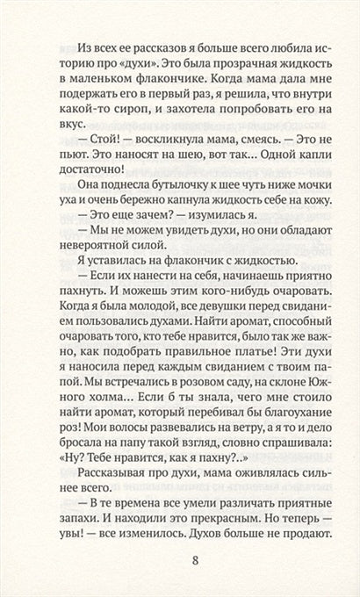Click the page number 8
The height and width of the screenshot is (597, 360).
179,559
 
